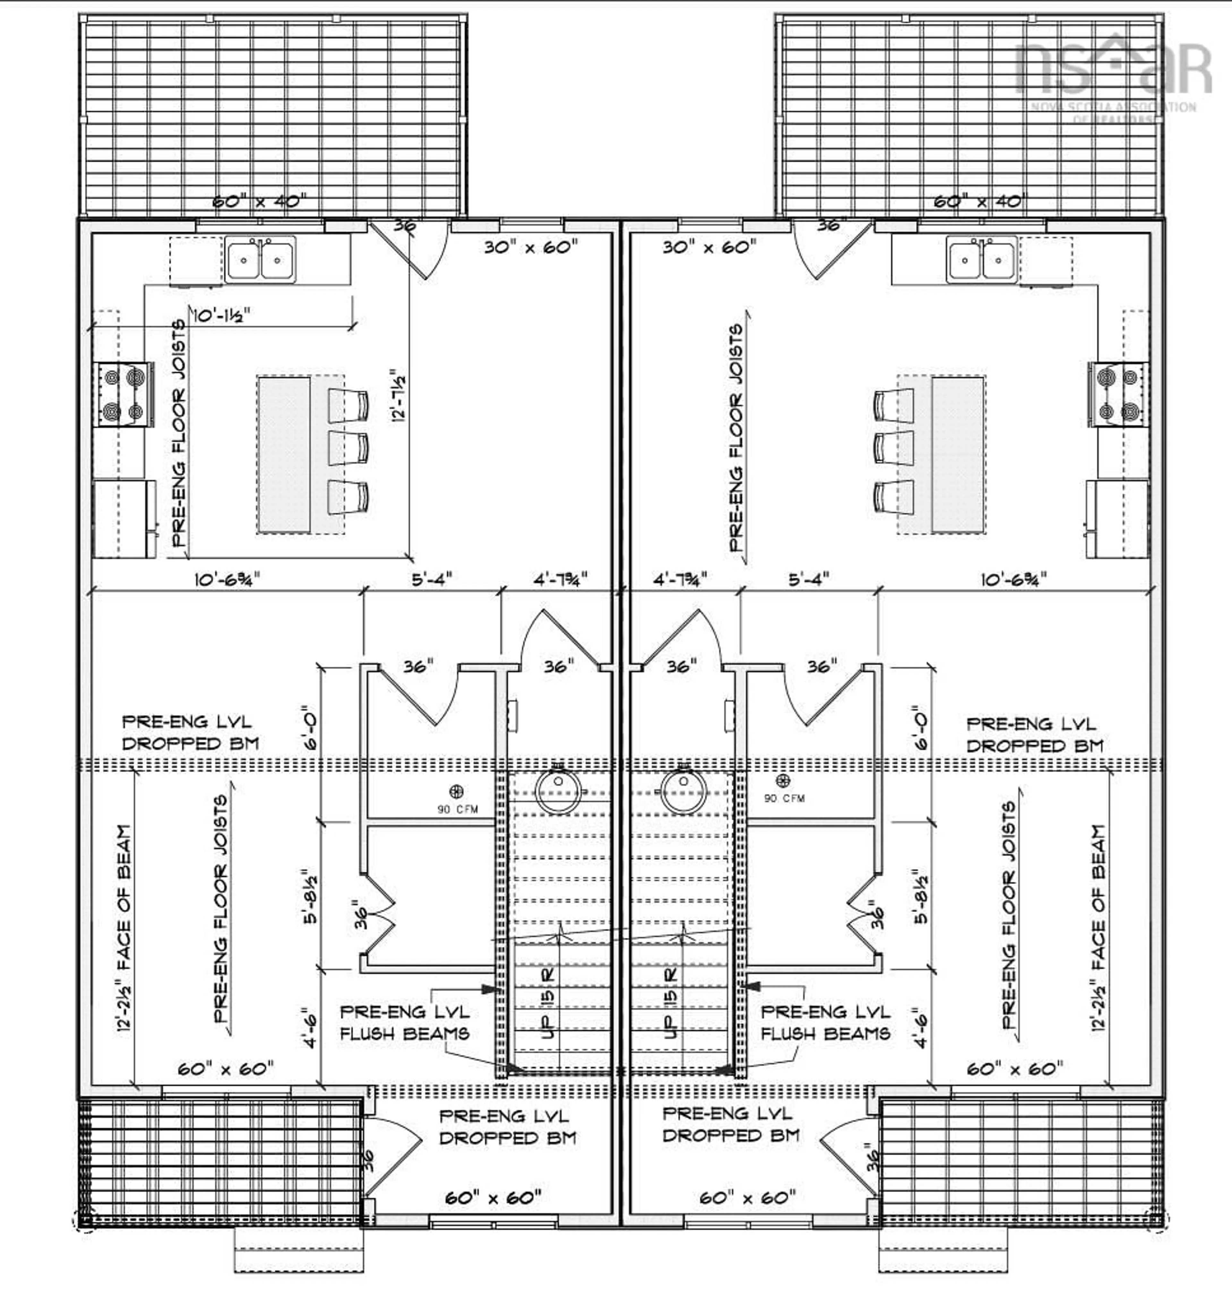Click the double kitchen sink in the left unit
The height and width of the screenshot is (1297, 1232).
[x=260, y=260]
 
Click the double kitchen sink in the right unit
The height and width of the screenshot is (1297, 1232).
[x=981, y=260]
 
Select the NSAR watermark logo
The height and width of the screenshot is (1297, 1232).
[x=1113, y=72]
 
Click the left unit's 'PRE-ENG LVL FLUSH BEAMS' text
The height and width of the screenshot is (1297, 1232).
[x=405, y=1023]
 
